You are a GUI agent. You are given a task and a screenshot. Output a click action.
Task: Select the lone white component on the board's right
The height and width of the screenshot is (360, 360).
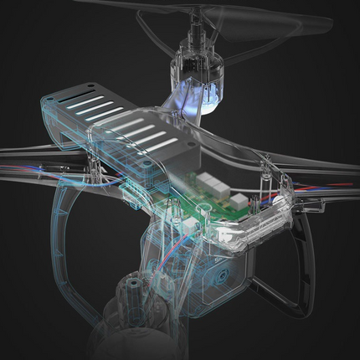[x=241, y=202]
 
